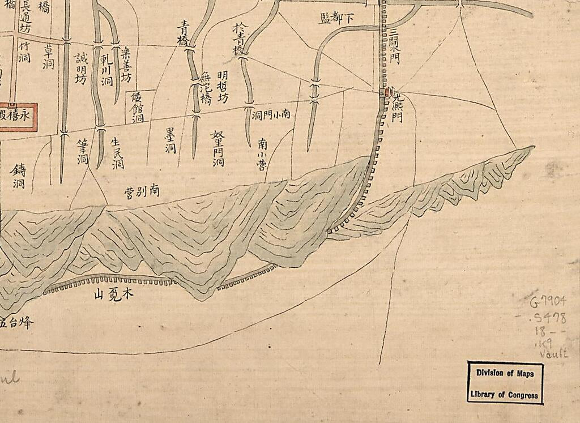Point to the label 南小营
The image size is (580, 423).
coord(263,152)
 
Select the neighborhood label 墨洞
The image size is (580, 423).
coord(170,140)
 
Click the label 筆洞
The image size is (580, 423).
coord(83,152)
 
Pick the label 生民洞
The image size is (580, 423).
coord(117,153)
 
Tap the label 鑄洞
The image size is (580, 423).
coord(19,176)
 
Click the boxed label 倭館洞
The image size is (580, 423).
coord(138,107)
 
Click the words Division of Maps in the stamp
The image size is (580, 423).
coord(505,374)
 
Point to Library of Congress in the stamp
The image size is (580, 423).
coord(505,395)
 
